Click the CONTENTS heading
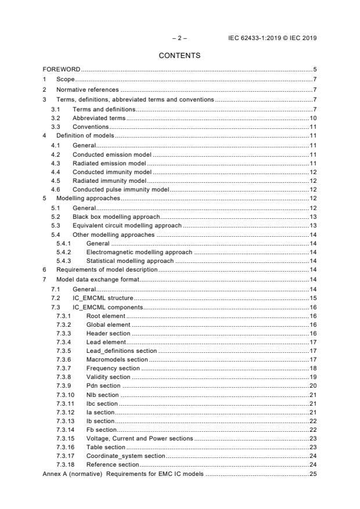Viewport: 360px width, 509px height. coord(179,56)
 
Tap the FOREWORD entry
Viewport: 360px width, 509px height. coord(61,70)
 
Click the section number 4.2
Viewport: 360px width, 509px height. coord(56,154)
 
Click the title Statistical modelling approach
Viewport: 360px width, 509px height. coord(129,261)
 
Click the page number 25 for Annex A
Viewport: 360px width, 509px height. coord(312,474)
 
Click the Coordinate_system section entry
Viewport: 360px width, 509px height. coord(125,456)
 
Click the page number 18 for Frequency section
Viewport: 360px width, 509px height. coord(312,368)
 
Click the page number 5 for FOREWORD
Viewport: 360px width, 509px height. coord(314,70)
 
